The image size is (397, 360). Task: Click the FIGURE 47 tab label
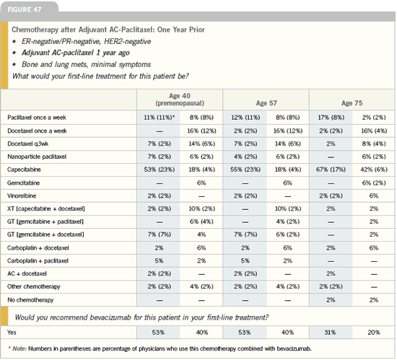coord(25,9)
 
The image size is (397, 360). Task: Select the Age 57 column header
coord(266,103)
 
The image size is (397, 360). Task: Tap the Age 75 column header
coord(352,103)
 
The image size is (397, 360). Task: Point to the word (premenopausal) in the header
coord(180,103)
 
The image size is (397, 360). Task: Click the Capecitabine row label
coord(24,170)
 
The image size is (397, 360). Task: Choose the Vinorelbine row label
coord(22,196)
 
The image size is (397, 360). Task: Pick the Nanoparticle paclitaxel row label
coord(37,157)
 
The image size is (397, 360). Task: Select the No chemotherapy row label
coord(30,300)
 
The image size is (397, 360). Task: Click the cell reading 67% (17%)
coord(331,170)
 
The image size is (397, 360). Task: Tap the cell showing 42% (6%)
coord(374,170)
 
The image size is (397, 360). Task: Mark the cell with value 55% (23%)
coord(245,170)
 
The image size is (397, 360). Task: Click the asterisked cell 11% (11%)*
coord(160,118)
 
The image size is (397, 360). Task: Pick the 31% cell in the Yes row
coord(330,332)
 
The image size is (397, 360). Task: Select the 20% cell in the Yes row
coord(374,332)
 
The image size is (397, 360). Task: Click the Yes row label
coord(12,332)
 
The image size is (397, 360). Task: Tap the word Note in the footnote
coord(19,348)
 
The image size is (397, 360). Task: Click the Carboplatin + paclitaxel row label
coord(38,261)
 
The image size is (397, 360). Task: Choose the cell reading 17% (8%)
coord(331,118)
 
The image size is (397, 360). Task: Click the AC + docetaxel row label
coord(27,273)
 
